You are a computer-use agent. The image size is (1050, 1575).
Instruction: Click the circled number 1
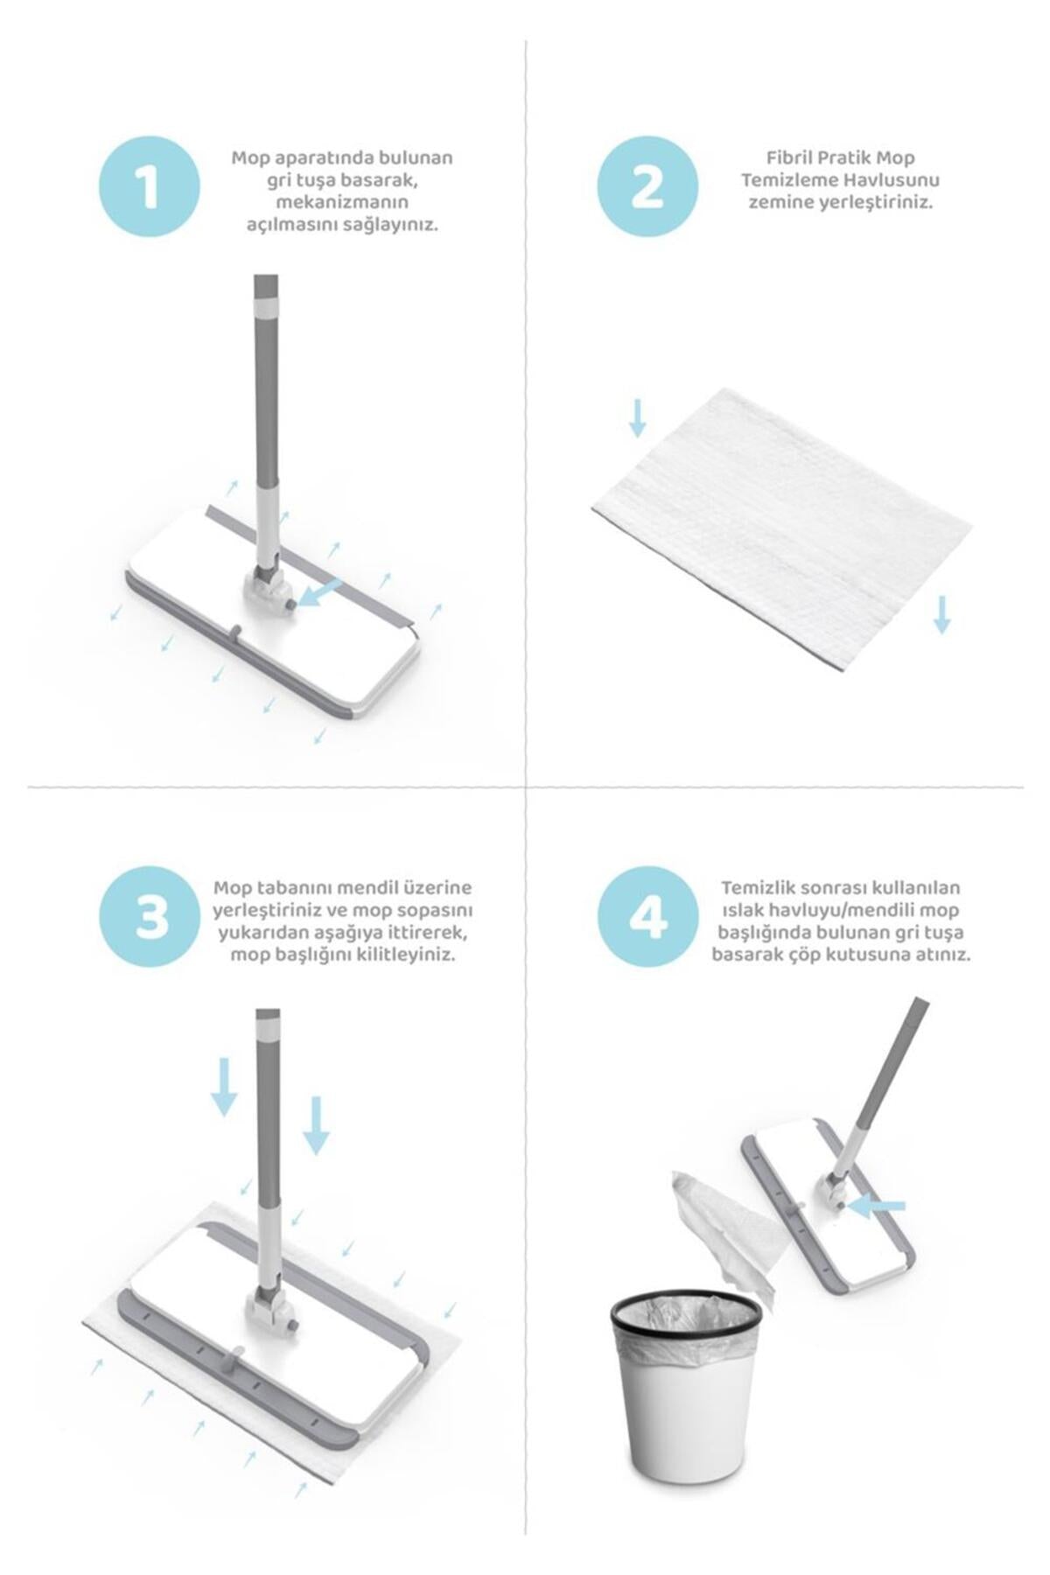point(149,187)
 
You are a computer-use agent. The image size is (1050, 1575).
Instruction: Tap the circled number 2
point(647,187)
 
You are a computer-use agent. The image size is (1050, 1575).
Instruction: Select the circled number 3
point(150,919)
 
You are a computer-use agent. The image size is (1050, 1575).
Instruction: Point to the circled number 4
point(648,919)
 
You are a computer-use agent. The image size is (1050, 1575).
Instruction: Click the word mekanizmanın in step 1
point(342,202)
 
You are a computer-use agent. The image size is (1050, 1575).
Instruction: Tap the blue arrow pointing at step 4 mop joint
point(876,1207)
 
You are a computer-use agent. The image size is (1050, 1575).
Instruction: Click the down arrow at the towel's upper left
point(638,418)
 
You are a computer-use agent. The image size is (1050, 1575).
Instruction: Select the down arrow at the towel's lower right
point(941,614)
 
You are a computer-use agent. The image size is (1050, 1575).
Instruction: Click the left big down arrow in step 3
point(225,1087)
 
